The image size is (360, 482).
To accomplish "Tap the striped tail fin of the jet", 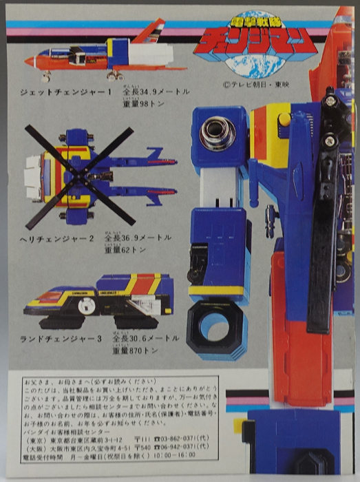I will (153, 31).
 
